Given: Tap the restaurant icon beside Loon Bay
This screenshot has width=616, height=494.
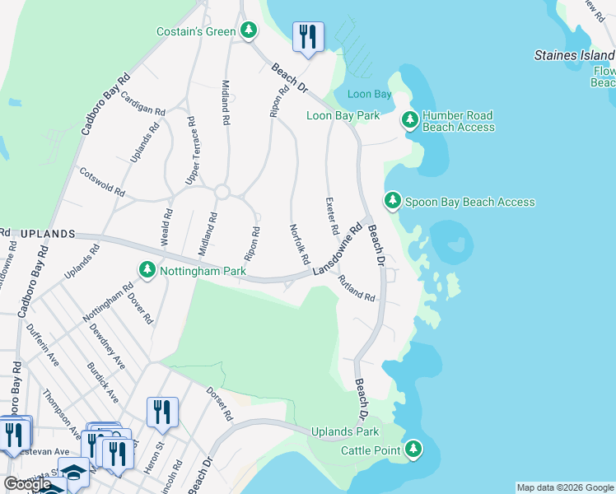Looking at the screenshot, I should [308, 36].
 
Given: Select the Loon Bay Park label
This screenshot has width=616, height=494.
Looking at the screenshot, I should [343, 115].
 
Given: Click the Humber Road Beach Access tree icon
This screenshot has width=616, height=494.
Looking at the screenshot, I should [409, 121].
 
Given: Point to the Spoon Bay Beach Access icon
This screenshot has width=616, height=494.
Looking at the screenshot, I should [393, 201].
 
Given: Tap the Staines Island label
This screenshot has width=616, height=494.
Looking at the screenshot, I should [574, 55].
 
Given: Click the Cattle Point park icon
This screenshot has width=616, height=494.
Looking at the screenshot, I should [413, 450].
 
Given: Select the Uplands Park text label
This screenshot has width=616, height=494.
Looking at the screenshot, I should [345, 431].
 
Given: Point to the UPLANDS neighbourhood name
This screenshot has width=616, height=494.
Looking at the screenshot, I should [45, 234].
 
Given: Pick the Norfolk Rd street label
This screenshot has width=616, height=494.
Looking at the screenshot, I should [299, 244].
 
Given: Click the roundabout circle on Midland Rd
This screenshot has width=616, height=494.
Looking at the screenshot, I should [221, 192].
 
